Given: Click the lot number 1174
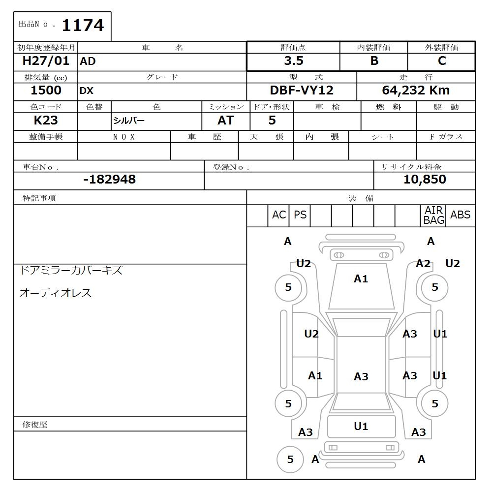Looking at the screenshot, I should point(83,25).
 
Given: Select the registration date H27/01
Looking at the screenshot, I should point(46,61).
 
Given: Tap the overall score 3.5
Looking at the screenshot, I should point(293,61).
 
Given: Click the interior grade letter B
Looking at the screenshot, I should point(374,61).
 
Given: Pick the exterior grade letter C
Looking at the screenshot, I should point(441,61).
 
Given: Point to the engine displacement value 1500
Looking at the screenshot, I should point(46,91).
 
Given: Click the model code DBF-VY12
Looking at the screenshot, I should point(301,91).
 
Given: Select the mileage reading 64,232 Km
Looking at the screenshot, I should point(416,91).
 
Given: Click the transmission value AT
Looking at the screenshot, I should point(225,121).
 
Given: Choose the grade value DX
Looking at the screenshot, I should point(87,91).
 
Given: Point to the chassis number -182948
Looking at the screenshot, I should point(109,180).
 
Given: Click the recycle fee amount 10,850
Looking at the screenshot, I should point(424,180).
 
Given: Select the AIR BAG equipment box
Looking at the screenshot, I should point(433,215).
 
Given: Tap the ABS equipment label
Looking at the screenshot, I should point(460,215).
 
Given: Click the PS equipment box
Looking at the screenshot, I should point(300,215).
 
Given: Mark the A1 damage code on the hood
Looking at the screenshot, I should point(361,279).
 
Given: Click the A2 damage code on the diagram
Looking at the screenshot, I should point(423,264).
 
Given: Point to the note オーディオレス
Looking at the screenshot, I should point(55,293).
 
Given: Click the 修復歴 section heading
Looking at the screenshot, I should point(35,424).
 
